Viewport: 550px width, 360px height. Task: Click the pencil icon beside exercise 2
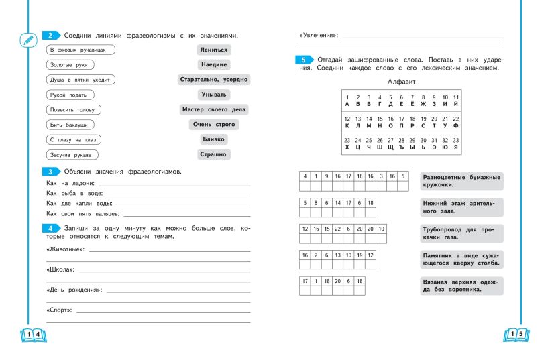pyautogui.click(x=27, y=39)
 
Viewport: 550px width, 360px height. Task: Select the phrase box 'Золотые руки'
pyautogui.click(x=70, y=65)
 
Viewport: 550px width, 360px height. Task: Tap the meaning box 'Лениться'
pyautogui.click(x=213, y=50)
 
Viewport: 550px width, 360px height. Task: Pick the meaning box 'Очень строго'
pyautogui.click(x=213, y=125)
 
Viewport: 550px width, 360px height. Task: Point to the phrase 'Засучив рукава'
pyautogui.click(x=73, y=155)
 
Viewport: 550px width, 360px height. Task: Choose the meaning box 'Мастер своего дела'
pyautogui.click(x=213, y=109)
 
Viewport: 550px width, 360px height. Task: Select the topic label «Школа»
pyautogui.click(x=60, y=269)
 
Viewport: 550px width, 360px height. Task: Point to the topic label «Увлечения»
pyautogui.click(x=318, y=35)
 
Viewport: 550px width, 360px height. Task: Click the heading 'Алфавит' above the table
pyautogui.click(x=402, y=81)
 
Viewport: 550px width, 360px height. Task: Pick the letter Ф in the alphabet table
pyautogui.click(x=456, y=125)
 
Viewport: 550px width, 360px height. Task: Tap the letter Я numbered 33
pyautogui.click(x=456, y=147)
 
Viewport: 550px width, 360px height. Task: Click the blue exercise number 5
pyautogui.click(x=305, y=60)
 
